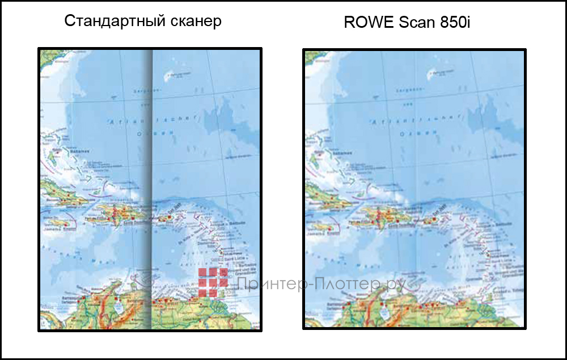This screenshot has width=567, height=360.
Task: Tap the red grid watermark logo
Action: [213, 282]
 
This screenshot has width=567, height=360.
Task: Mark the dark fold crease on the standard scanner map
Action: [149, 187]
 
